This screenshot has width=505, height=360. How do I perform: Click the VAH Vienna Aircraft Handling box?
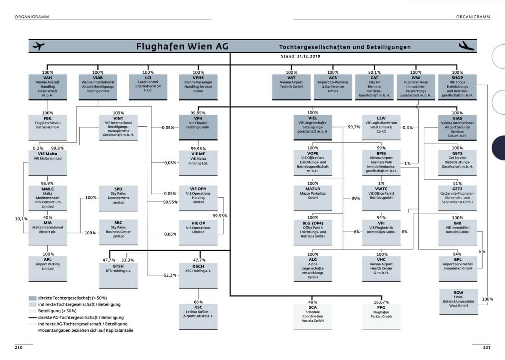[48, 87]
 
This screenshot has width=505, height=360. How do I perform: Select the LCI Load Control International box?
[148, 86]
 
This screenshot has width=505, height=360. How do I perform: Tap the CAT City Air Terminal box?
[374, 87]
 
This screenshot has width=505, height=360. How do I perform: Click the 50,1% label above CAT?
[374, 73]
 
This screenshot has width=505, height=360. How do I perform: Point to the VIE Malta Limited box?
[48, 163]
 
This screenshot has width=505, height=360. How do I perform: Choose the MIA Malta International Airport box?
[48, 231]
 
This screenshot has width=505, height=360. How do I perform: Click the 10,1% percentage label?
[21, 219]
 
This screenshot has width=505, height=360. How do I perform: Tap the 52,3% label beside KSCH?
[170, 275]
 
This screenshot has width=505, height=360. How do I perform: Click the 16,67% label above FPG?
[381, 302]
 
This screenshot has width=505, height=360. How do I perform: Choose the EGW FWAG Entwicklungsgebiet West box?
[458, 301]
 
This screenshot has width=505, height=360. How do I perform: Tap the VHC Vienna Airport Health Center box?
[381, 268]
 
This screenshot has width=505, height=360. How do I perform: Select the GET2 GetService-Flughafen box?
[457, 198]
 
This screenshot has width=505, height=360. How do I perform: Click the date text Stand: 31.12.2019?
[301, 56]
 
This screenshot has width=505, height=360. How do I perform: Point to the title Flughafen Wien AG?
[182, 46]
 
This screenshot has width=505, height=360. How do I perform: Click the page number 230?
[18, 348]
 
